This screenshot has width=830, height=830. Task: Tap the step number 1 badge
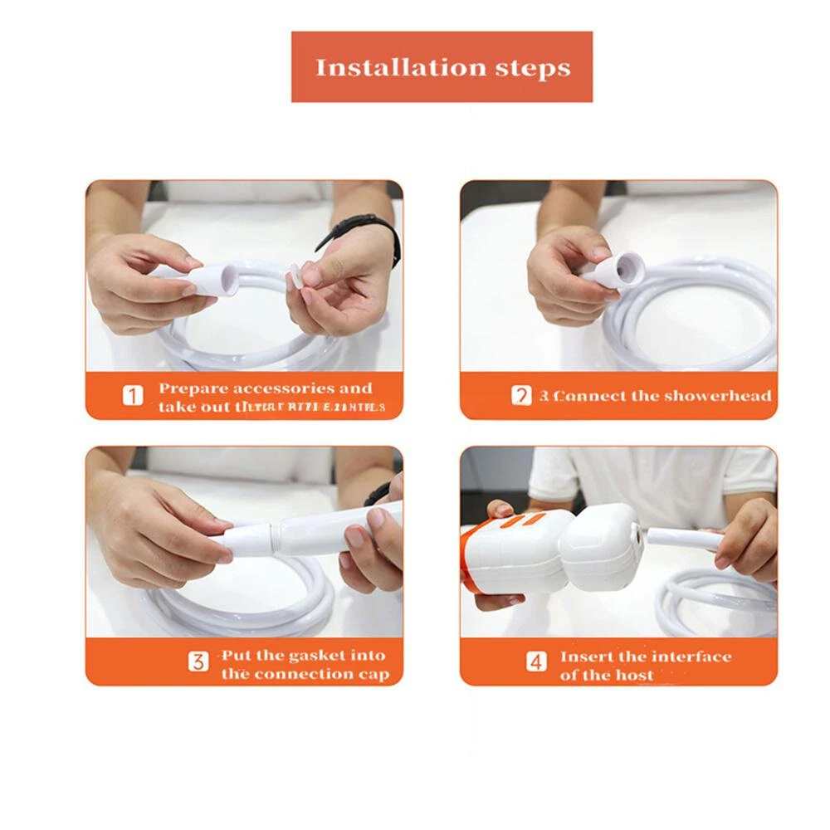pos(133,396)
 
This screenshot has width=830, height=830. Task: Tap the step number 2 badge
pos(520,396)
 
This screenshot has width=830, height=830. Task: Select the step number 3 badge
pos(198,662)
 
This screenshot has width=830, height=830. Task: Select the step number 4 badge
pos(537,662)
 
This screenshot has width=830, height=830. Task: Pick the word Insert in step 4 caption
pos(586,657)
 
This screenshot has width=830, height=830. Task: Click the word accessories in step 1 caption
pos(283,388)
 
